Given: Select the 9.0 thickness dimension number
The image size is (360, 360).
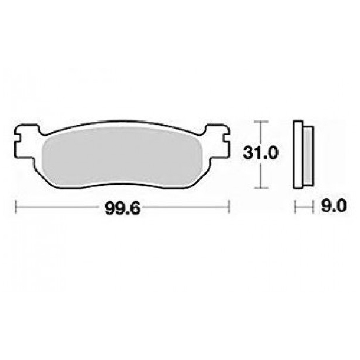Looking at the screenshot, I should pyautogui.click(x=333, y=207).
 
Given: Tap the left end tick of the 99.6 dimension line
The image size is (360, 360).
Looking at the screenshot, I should pyautogui.click(x=15, y=208).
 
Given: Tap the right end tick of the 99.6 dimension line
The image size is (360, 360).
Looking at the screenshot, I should pyautogui.click(x=229, y=208).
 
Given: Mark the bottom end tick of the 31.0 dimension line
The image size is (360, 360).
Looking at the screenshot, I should pyautogui.click(x=260, y=188).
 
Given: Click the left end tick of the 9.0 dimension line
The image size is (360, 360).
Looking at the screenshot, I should pyautogui.click(x=294, y=207).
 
